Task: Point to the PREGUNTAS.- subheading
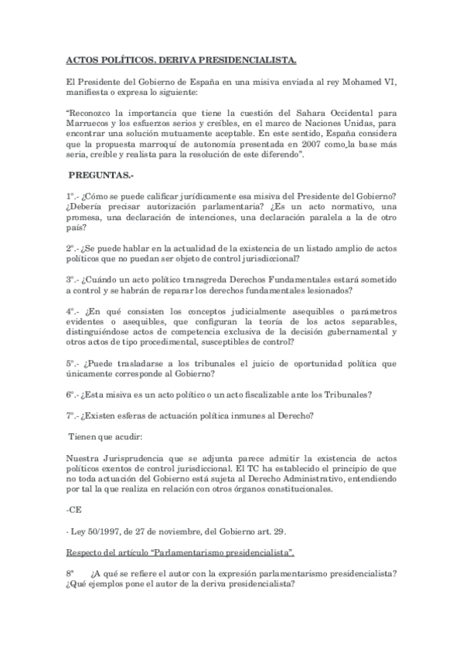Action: coord(100,176)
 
